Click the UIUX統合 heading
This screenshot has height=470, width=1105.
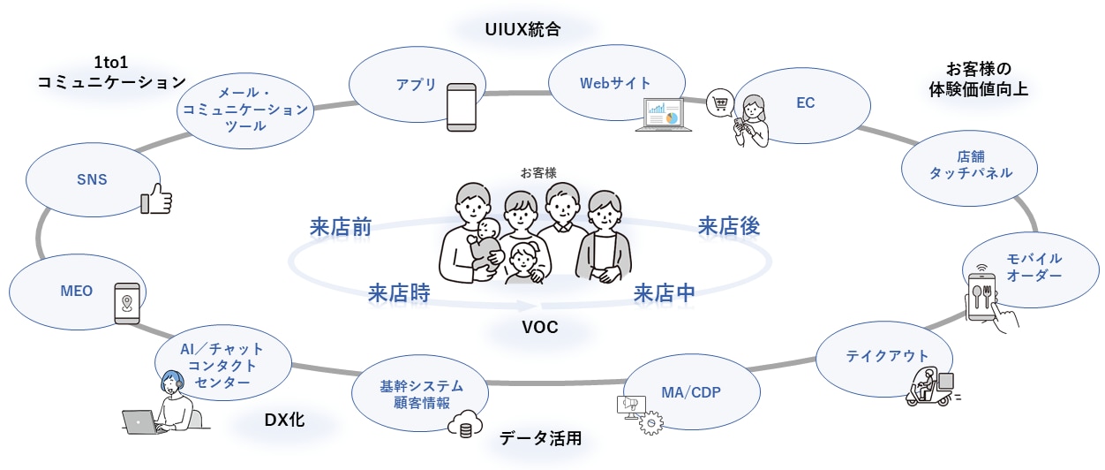(522, 28)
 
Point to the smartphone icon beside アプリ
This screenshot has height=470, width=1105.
(462, 107)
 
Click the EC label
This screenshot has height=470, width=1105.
(805, 103)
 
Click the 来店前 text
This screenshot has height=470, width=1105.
(340, 227)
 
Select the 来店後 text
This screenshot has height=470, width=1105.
(728, 226)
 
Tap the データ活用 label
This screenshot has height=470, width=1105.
(539, 438)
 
